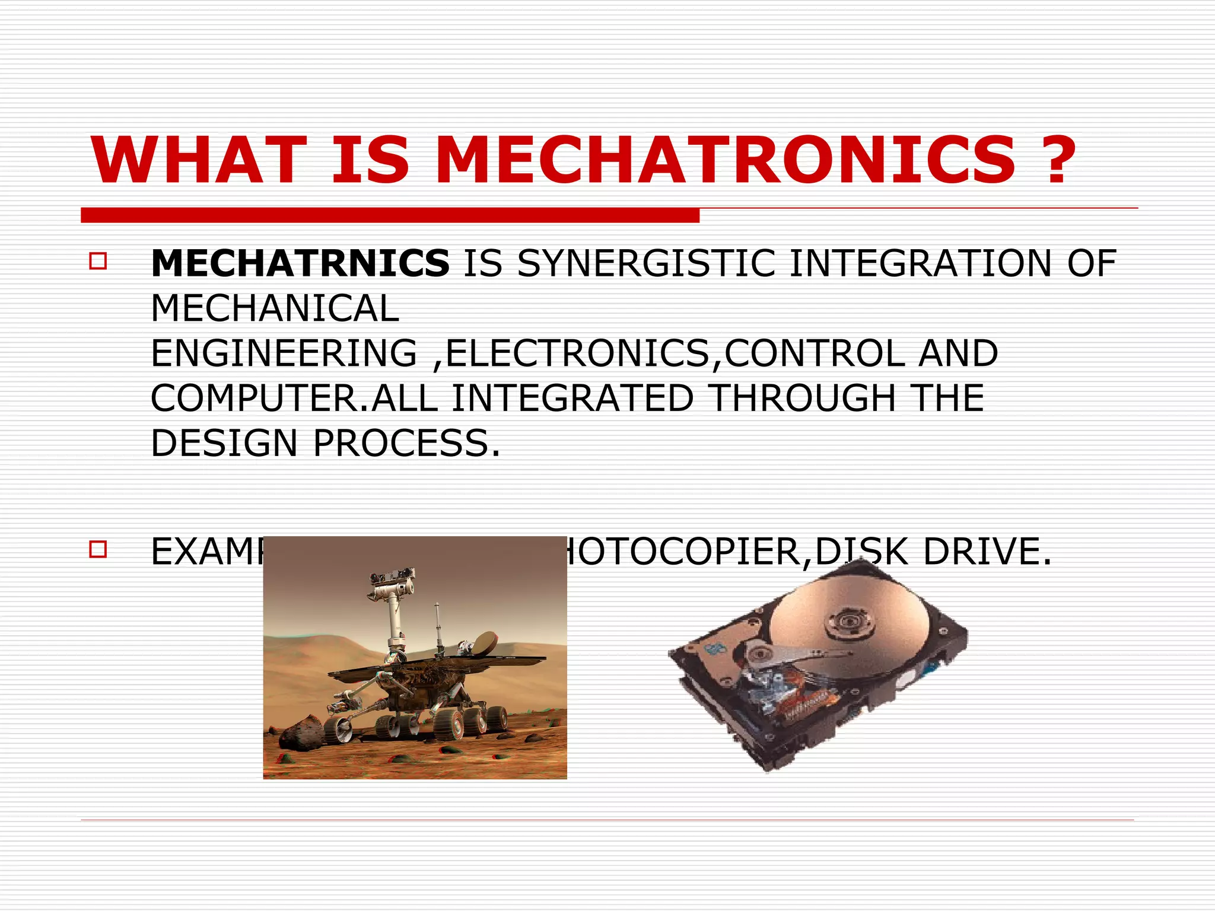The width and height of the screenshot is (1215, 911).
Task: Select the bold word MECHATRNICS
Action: [300, 263]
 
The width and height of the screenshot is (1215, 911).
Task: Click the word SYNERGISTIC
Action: [646, 263]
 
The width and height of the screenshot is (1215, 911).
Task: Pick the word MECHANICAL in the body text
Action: [275, 308]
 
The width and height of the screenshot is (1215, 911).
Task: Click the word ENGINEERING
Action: [284, 353]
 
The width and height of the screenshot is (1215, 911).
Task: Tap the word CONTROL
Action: [815, 353]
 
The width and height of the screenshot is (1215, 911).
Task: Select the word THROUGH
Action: [803, 398]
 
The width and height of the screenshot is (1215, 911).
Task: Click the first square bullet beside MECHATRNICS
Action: [98, 262]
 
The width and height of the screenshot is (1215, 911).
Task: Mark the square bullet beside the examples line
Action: [98, 549]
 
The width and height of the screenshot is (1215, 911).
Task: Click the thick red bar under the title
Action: [390, 215]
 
